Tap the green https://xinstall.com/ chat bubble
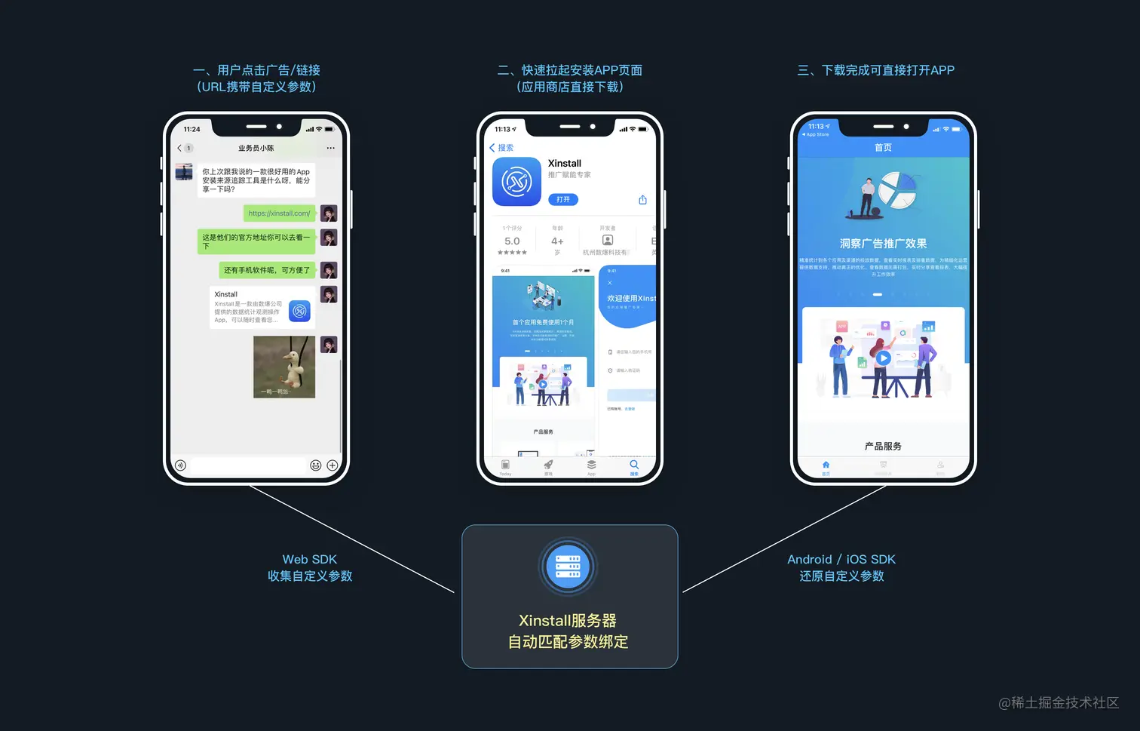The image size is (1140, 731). pyautogui.click(x=279, y=213)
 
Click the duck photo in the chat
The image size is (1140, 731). pyautogui.click(x=284, y=367)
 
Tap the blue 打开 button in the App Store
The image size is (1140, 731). pyautogui.click(x=563, y=200)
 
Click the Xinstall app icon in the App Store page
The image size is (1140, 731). pyautogui.click(x=516, y=182)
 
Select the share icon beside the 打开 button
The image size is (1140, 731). pyautogui.click(x=642, y=200)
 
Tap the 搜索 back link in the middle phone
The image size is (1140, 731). pyautogui.click(x=502, y=148)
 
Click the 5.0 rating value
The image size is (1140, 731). pyautogui.click(x=512, y=241)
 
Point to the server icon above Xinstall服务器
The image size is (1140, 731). pyautogui.click(x=568, y=566)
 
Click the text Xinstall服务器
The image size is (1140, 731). pyautogui.click(x=568, y=621)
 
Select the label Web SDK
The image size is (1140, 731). pyautogui.click(x=309, y=560)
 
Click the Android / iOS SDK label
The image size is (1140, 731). pyautogui.click(x=841, y=560)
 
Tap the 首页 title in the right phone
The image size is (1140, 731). pyautogui.click(x=883, y=148)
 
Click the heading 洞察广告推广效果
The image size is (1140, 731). pyautogui.click(x=883, y=244)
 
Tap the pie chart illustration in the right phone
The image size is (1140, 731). pyautogui.click(x=897, y=191)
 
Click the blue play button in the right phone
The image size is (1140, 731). pyautogui.click(x=884, y=358)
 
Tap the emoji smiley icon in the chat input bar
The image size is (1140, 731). pyautogui.click(x=316, y=465)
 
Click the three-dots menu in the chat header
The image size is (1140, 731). pyautogui.click(x=330, y=148)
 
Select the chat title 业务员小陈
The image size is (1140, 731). pyautogui.click(x=256, y=149)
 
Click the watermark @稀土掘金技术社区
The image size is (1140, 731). pyautogui.click(x=1059, y=703)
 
